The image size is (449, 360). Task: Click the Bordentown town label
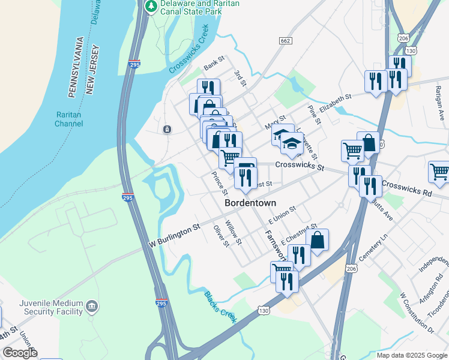250,203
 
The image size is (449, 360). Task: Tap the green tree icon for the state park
151,7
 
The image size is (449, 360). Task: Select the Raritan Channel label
68,119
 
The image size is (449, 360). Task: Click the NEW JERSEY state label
91,71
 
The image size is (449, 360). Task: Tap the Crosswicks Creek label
188,49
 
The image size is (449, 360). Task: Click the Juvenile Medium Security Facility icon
91,307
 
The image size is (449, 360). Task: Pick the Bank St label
213,62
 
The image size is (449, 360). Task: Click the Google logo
20,353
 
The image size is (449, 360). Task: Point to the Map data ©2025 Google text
411,355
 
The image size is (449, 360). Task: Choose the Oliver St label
221,236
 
